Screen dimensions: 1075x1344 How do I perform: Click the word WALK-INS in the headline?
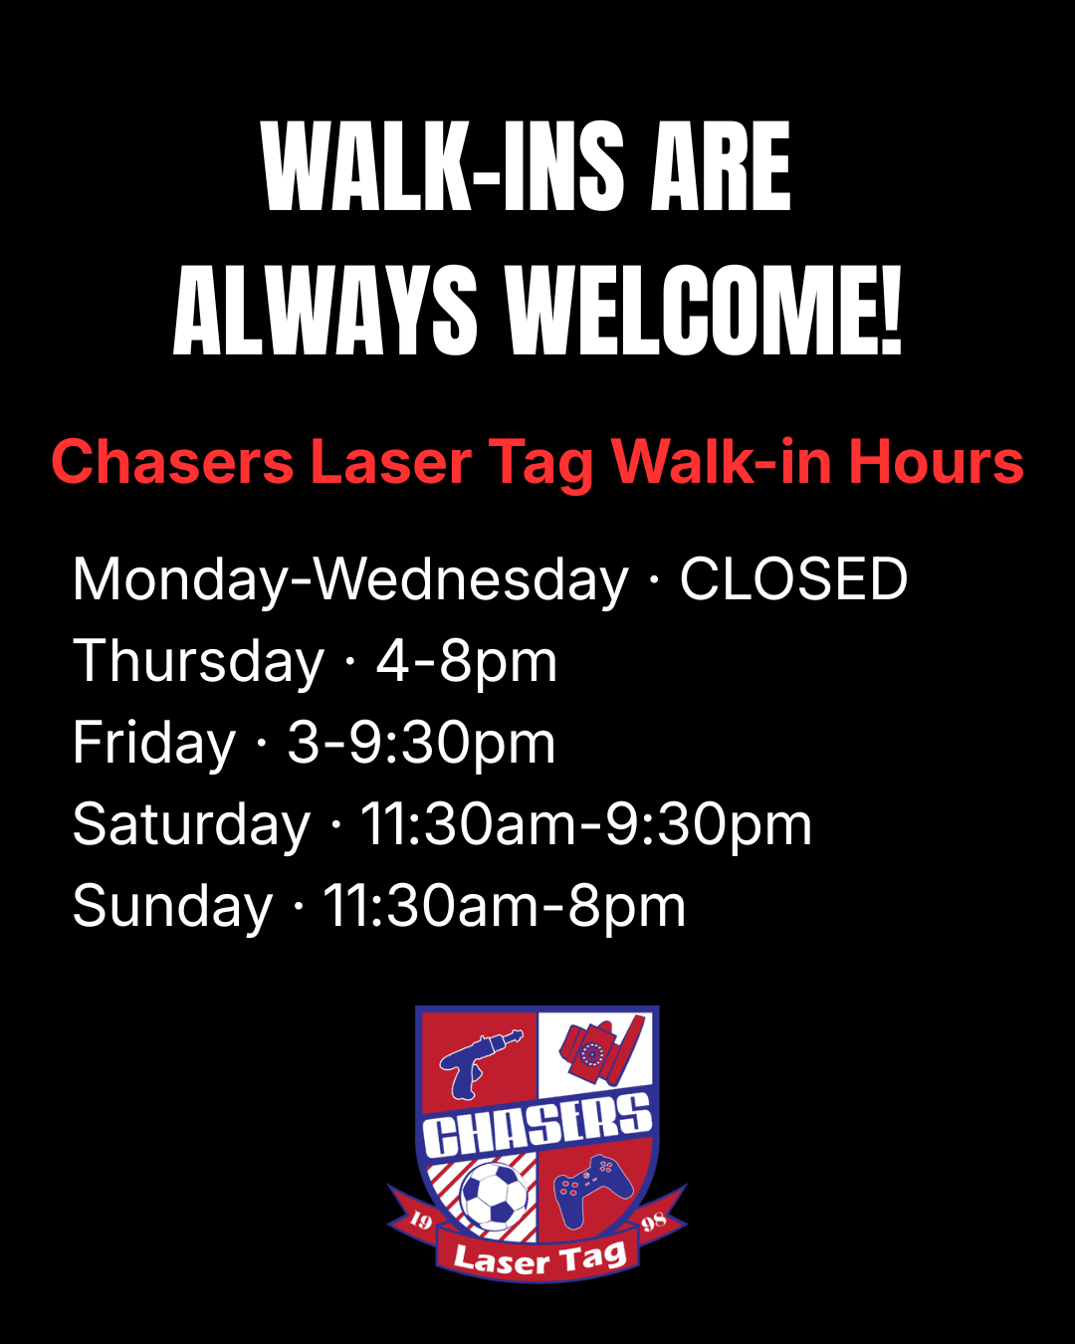coord(442,166)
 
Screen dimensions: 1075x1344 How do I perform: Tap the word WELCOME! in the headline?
coord(704,311)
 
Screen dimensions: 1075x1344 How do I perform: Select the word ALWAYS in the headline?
coord(324,311)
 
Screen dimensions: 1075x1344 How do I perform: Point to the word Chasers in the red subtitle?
coord(172,462)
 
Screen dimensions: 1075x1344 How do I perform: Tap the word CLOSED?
coord(793,579)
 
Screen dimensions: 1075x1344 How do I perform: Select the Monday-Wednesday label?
coord(350,580)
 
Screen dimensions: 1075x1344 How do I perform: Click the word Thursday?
coord(199,662)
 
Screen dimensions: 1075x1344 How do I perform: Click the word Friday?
coord(153,744)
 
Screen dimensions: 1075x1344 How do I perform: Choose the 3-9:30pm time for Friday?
coord(421,745)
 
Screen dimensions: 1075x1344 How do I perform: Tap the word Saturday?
coord(191,825)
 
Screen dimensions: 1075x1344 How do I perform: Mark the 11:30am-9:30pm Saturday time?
coord(586,825)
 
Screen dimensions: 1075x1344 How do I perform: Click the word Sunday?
coord(172,907)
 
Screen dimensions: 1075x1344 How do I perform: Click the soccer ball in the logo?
coord(494,1196)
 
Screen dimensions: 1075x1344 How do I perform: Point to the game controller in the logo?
coord(592,1191)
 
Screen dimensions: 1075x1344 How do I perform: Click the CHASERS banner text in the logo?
coord(537,1125)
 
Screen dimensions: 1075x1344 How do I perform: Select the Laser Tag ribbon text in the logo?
coord(539,1257)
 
